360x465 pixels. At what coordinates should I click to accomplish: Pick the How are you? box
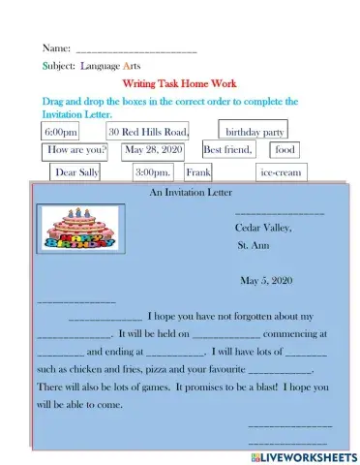76,150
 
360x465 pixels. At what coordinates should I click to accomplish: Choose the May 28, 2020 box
153,150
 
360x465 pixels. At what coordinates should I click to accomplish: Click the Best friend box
228,150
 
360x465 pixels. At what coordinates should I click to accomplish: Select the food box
285,150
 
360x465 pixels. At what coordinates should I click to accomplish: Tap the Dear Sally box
77,172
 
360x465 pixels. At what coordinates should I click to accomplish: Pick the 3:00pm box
154,172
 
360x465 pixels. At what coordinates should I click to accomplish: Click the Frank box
198,172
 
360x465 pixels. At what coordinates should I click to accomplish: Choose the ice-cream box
281,172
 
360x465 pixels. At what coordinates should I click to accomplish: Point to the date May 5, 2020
264,280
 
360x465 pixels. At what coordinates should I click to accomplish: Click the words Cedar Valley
262,228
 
